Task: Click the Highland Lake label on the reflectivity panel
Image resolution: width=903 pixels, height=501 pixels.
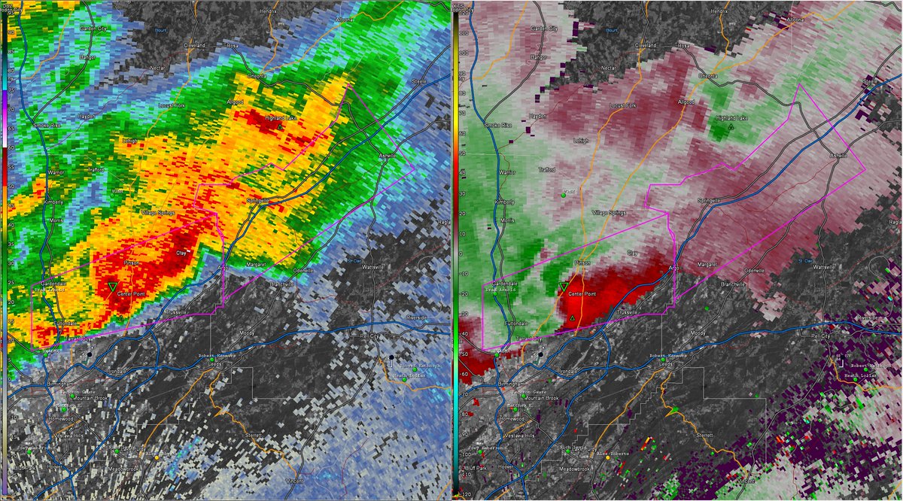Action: coord(280,117)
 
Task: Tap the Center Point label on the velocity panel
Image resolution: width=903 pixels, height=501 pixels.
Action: coord(580,294)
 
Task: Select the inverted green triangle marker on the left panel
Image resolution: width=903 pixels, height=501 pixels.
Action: coord(112,287)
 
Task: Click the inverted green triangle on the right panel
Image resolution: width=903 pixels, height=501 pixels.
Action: coord(564,287)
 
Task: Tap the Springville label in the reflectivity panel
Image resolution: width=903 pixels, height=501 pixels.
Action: coord(257,201)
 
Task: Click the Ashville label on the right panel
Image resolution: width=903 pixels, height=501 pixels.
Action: coord(838,155)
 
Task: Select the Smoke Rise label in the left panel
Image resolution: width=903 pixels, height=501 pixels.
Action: coord(46,125)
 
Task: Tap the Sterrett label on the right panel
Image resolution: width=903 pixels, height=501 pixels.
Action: coord(704,435)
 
